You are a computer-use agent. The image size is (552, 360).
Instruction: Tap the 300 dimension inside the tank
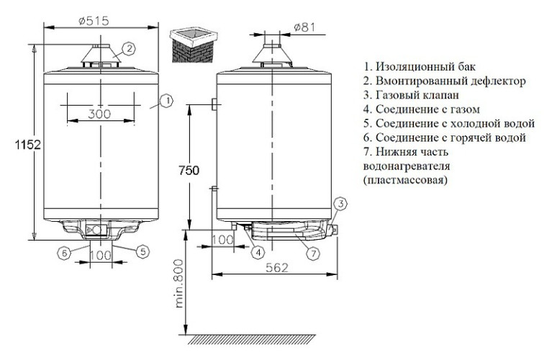pos(101,114)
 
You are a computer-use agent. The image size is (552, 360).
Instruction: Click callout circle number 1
pos(166,101)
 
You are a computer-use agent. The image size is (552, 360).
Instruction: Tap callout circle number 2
pos(128,48)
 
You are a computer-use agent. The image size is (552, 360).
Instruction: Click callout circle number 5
pos(144,251)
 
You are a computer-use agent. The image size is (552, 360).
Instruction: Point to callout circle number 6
pos(63,252)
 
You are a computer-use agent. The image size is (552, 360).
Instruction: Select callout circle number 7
pos(312,253)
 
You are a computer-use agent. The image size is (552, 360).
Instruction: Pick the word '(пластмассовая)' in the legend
pos(406,181)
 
